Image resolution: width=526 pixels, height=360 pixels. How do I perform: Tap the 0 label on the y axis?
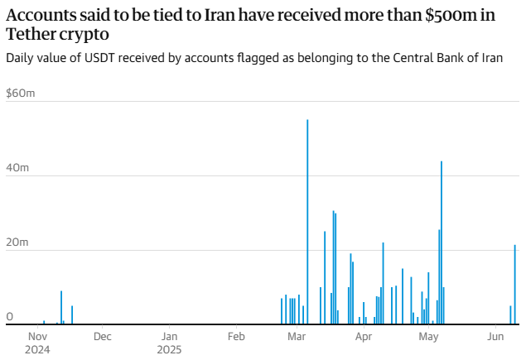click(x=10, y=317)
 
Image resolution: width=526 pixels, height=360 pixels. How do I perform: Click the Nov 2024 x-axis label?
click(x=38, y=343)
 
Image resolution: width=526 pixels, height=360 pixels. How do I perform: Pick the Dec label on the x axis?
click(x=102, y=337)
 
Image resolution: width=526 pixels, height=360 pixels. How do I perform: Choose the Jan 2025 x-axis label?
click(x=169, y=343)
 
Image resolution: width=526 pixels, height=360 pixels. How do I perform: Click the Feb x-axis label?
click(x=236, y=337)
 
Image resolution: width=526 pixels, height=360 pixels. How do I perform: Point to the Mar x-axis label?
click(x=297, y=337)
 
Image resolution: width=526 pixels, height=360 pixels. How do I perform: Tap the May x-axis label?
click(x=428, y=337)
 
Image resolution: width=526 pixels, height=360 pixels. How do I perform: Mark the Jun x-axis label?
click(x=495, y=337)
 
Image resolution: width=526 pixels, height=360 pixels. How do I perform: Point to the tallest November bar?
click(x=61, y=307)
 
